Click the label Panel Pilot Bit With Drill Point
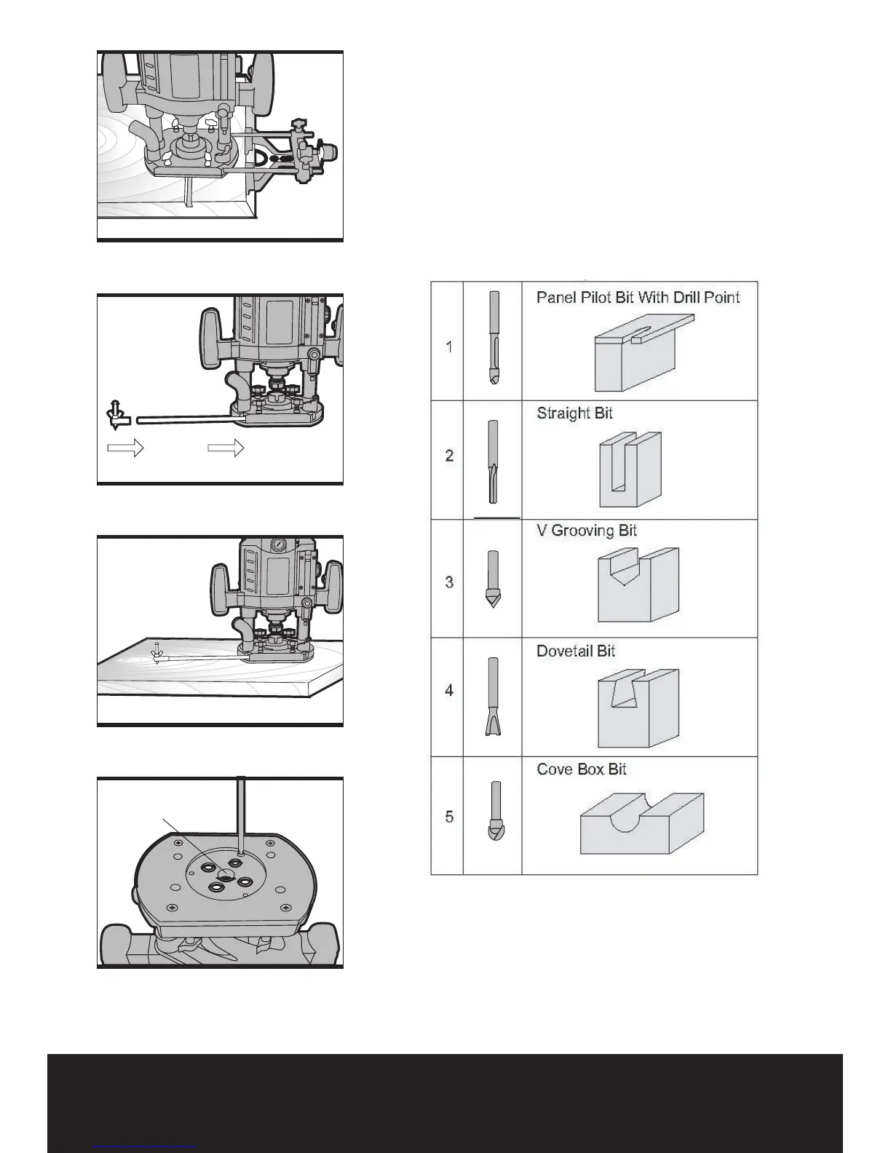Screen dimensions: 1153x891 638,298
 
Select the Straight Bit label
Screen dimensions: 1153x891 574,413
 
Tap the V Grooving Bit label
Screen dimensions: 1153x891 586,531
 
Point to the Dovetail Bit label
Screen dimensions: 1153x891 575,651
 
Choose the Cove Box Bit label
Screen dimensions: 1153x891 581,769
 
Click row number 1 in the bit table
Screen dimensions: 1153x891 449,346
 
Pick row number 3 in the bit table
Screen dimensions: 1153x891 449,582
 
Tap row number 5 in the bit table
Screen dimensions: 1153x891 449,817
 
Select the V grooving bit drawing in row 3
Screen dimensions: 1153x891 493,579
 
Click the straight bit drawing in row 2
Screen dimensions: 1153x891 493,461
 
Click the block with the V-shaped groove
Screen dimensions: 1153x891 638,585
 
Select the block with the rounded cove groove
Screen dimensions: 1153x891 641,823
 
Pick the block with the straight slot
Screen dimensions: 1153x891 630,469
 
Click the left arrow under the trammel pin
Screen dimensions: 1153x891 125,448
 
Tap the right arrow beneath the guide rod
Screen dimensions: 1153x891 226,448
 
